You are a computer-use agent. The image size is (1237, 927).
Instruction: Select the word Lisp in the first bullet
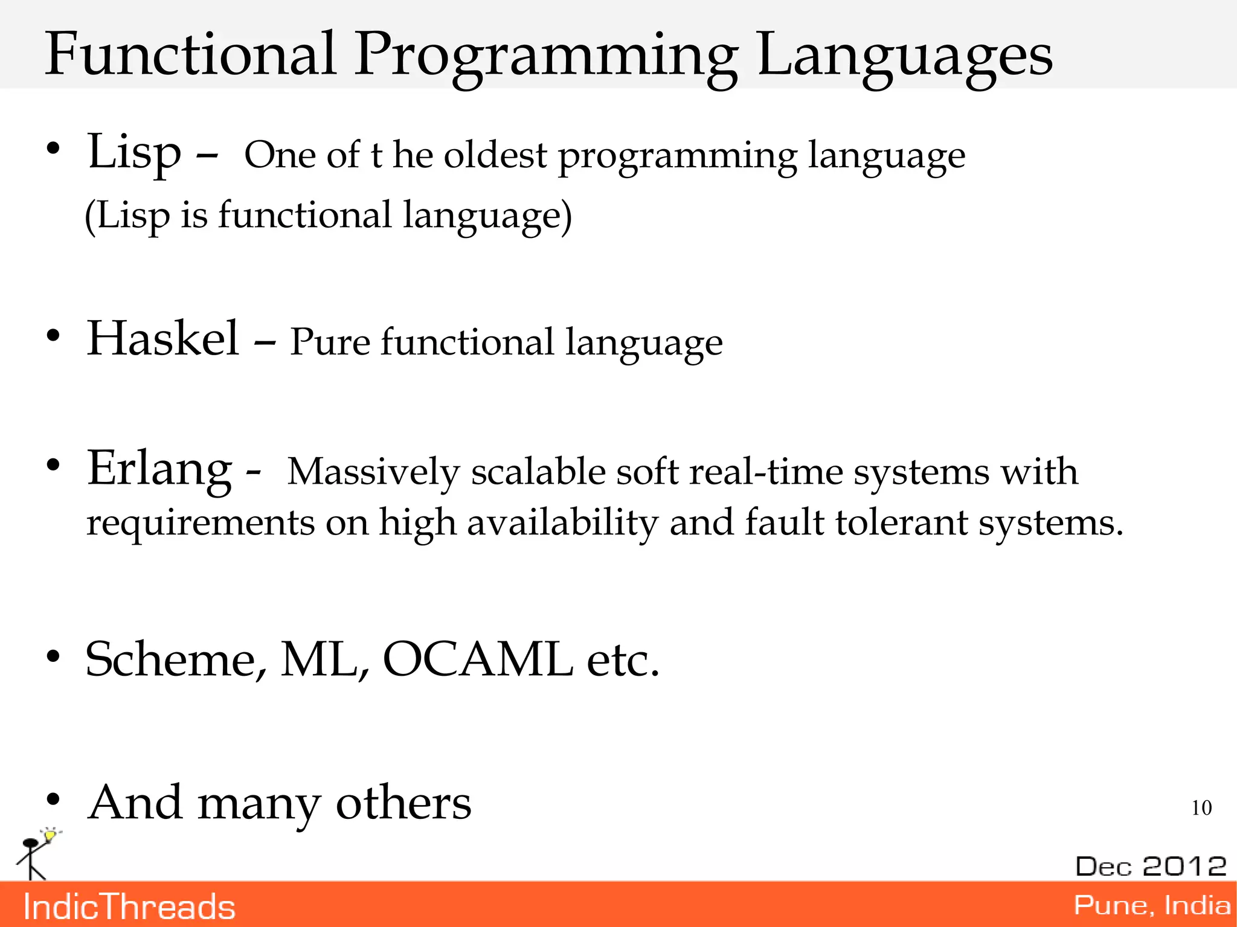click(x=134, y=152)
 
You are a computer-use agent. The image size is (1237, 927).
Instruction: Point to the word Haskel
click(x=163, y=339)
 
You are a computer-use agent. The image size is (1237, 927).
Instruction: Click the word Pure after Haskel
click(x=330, y=342)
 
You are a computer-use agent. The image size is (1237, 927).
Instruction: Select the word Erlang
click(x=159, y=469)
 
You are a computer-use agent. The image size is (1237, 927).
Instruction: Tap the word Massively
click(x=373, y=472)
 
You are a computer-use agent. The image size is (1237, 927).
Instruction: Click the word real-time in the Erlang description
click(x=766, y=472)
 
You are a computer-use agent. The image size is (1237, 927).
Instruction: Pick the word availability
click(x=562, y=522)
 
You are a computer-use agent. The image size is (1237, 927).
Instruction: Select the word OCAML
click(x=478, y=659)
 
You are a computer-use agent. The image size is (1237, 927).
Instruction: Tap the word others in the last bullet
click(x=403, y=803)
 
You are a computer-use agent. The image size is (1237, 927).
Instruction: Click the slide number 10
click(x=1201, y=808)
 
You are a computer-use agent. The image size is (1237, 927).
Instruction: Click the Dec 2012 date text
click(x=1151, y=867)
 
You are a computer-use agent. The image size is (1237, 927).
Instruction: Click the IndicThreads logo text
click(x=129, y=907)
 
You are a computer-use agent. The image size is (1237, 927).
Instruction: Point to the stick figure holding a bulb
click(x=35, y=855)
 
